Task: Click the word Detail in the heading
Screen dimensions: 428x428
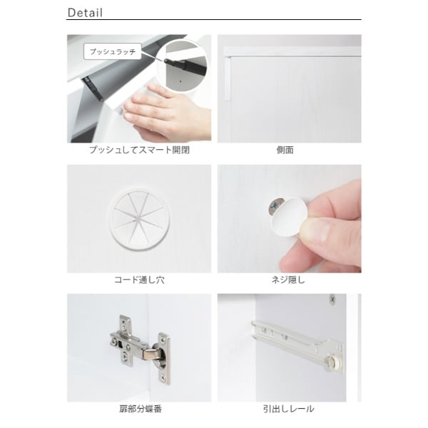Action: (x=85, y=13)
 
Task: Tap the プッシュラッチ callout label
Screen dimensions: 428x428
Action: (x=113, y=51)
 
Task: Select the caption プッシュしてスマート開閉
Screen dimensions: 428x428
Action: (x=139, y=150)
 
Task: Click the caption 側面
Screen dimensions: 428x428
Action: (x=285, y=150)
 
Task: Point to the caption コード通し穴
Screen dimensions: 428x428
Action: (x=139, y=280)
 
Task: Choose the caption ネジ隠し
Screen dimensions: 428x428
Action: (x=288, y=280)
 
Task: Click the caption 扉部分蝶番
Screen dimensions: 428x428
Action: (x=141, y=409)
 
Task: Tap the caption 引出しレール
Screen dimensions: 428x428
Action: (x=288, y=409)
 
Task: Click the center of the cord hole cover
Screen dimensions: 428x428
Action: (x=139, y=218)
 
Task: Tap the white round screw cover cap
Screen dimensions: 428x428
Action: (x=286, y=218)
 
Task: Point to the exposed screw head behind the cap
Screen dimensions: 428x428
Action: (x=274, y=206)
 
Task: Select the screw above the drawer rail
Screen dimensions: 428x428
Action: (x=332, y=299)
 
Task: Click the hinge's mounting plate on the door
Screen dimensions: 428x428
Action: (x=164, y=357)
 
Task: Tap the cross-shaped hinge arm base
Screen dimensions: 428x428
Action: (x=124, y=341)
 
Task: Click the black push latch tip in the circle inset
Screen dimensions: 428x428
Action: (x=165, y=61)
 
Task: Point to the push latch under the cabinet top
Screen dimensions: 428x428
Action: (x=93, y=88)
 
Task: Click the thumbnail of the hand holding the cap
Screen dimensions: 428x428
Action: (x=290, y=219)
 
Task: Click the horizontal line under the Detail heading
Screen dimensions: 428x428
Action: (x=214, y=20)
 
